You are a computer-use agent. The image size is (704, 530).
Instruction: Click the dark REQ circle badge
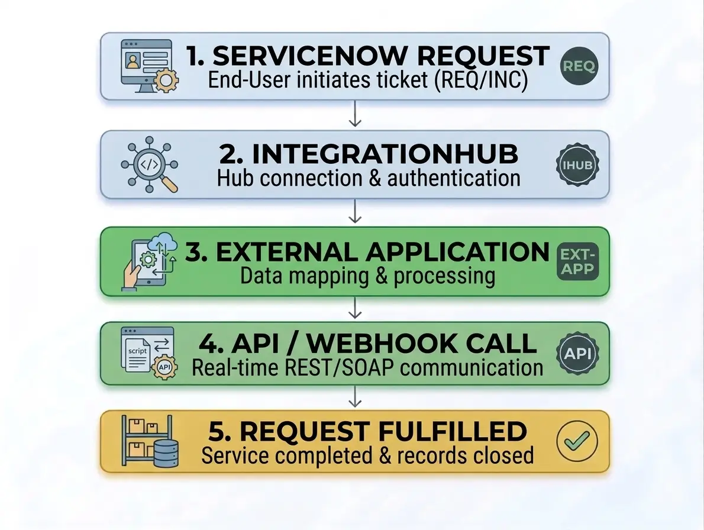pyautogui.click(x=579, y=66)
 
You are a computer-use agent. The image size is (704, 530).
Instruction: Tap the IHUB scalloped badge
pyautogui.click(x=578, y=165)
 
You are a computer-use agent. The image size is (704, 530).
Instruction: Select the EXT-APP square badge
pyautogui.click(x=578, y=261)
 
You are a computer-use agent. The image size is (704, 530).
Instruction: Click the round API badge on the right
pyautogui.click(x=578, y=353)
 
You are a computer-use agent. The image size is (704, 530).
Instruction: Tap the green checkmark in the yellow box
pyautogui.click(x=577, y=441)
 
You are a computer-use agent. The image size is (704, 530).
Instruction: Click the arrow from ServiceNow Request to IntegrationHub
pyautogui.click(x=355, y=113)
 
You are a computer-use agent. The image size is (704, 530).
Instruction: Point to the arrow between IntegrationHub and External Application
pyautogui.click(x=355, y=211)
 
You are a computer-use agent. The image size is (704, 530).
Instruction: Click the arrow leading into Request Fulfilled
pyautogui.click(x=355, y=397)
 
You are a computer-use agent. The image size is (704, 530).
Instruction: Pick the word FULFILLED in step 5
pyautogui.click(x=453, y=431)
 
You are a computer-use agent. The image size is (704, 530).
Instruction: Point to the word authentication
pyautogui.click(x=454, y=178)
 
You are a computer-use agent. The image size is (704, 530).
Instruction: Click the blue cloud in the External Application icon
pyautogui.click(x=163, y=242)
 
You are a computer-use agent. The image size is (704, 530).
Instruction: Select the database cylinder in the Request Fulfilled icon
pyautogui.click(x=165, y=454)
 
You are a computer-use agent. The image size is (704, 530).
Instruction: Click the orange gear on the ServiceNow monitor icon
pyautogui.click(x=166, y=81)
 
